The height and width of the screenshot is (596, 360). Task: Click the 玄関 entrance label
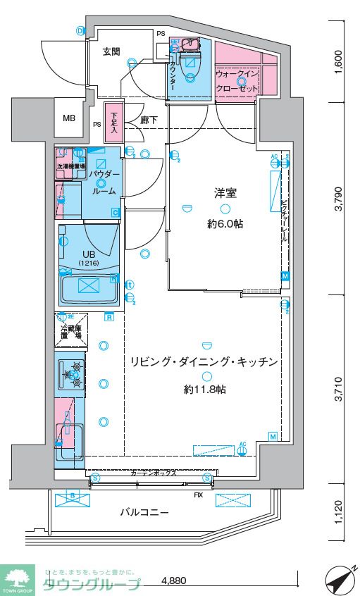pos(111,51)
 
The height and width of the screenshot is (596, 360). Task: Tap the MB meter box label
pos(68,118)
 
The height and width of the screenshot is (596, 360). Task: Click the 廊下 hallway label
pos(148,120)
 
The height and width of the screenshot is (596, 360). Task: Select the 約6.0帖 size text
pos(224,224)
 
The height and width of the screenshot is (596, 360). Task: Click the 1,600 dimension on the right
pos(338,62)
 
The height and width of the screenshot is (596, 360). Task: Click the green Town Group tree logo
pos(19,578)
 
